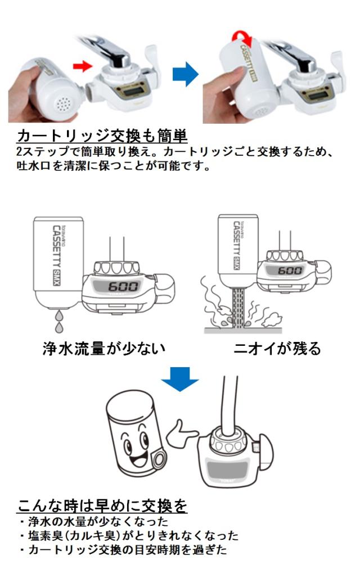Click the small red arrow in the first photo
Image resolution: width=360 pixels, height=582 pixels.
[82, 66]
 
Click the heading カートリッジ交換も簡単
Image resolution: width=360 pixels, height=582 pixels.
[102, 137]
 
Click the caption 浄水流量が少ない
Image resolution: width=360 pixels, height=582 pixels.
[104, 349]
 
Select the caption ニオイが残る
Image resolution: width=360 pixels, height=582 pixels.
[277, 349]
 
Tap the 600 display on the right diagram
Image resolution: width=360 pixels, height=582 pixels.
[290, 270]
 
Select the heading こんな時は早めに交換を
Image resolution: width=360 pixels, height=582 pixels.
[102, 506]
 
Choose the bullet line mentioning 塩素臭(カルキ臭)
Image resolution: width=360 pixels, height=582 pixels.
[129, 535]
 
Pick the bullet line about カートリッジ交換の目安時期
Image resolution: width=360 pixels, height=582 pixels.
[123, 550]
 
